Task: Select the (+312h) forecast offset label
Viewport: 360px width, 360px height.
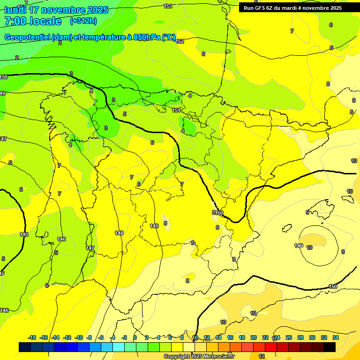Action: (83, 21)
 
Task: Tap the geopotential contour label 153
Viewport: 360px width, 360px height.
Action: (168, 6)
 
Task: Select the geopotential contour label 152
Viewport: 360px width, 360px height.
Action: (180, 41)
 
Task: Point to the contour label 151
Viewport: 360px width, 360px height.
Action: (176, 110)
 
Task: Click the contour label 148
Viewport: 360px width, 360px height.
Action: (119, 233)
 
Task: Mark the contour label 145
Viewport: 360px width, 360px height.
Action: (24, 234)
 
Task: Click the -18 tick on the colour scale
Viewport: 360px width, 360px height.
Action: (32, 337)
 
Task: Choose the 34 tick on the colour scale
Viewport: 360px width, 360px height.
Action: (336, 337)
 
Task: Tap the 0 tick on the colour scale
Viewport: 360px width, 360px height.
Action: (135, 337)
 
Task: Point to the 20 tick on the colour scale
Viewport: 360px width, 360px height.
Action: (254, 337)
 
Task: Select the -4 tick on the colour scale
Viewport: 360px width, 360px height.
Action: (112, 337)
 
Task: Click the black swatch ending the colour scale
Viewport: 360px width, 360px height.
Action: (330, 347)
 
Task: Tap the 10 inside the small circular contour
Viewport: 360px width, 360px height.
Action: (310, 247)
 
